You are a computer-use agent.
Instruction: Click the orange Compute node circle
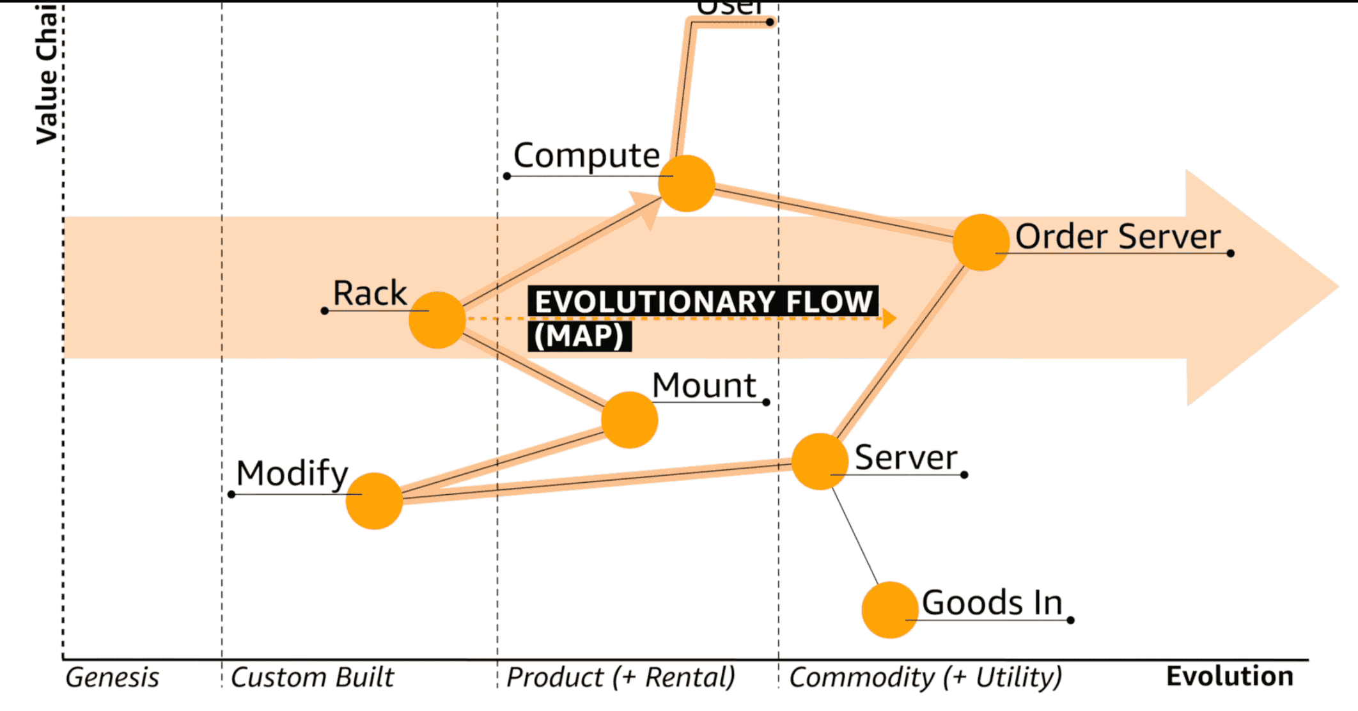[687, 184]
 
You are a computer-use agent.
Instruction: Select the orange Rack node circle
[437, 320]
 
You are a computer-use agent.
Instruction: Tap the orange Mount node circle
[630, 420]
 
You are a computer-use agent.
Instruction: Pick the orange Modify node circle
[374, 501]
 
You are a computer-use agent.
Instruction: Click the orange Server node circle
[820, 462]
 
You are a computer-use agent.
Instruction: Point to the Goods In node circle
[890, 610]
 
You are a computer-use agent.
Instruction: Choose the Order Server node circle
[981, 242]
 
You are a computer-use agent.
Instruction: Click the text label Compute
[586, 155]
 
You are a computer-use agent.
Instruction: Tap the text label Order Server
[1118, 237]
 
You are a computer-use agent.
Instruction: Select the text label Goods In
[992, 602]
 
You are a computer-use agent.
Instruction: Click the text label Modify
[292, 474]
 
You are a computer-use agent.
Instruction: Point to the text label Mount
[704, 386]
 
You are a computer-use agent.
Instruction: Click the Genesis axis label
[113, 677]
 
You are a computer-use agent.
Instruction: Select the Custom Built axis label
[312, 677]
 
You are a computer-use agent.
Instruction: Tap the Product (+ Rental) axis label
[621, 677]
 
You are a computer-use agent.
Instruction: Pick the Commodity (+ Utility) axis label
[925, 677]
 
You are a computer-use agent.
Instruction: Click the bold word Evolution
[1229, 676]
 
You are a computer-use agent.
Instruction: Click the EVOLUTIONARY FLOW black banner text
[703, 302]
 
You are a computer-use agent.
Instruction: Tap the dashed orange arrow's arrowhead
[889, 318]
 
